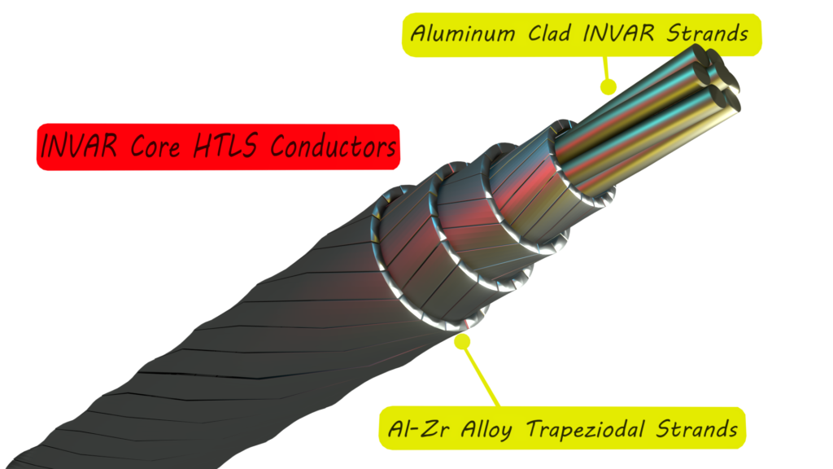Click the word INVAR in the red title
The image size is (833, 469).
coord(79,146)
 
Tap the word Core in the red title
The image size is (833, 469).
coord(155,147)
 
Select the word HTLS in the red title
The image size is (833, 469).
coord(225,146)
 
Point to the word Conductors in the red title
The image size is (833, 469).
coord(333,147)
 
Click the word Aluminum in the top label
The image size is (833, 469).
coord(463,33)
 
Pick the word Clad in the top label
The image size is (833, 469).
coord(550,33)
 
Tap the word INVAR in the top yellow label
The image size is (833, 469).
coord(618,33)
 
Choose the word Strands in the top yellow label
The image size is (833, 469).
coord(708,33)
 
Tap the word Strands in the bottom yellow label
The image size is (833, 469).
coord(697,428)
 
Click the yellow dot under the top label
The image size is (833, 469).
coord(608,86)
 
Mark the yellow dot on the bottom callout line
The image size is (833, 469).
coord(463,341)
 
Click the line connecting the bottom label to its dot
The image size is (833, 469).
coord(482,375)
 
